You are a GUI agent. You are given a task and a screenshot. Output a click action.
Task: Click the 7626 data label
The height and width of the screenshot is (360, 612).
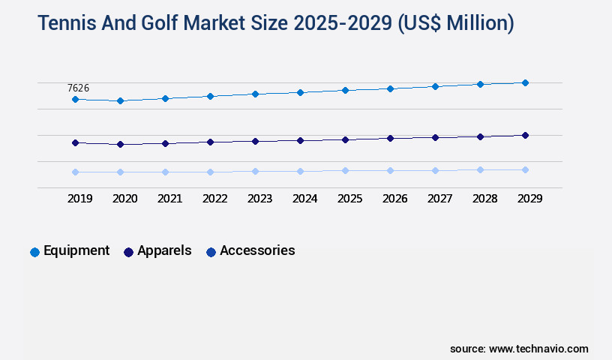[x=79, y=88]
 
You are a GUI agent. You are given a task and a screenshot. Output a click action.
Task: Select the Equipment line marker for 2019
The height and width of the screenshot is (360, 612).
[x=75, y=99]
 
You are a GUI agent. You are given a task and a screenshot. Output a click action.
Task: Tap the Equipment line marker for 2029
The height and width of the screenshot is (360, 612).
[x=525, y=82]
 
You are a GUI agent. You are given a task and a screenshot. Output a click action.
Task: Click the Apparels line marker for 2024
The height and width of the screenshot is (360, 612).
[x=300, y=140]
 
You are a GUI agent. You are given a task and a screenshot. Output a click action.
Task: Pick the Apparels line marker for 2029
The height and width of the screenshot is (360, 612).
[x=525, y=135]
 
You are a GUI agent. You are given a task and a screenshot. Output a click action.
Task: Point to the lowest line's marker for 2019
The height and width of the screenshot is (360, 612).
[x=75, y=172]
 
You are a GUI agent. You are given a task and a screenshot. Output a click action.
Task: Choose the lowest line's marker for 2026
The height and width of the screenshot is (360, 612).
[x=390, y=170]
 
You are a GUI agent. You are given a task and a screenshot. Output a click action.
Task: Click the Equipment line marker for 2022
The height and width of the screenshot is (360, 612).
[x=210, y=96]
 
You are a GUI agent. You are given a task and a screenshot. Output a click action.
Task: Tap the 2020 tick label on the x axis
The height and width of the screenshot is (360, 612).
[x=124, y=199]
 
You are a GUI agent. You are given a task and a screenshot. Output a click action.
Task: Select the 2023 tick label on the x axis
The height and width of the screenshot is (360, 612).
[x=259, y=199]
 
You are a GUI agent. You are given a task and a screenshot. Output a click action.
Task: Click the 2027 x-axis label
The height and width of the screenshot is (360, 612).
[x=439, y=199]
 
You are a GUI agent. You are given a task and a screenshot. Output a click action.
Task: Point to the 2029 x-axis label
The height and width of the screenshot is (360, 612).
[x=529, y=199]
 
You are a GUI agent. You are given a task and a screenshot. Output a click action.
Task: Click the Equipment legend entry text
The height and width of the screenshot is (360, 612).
[x=76, y=250]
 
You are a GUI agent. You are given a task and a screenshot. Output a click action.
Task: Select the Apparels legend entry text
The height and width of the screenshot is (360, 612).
[x=164, y=250]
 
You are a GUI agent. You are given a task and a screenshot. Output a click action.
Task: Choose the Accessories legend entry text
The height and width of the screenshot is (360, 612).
[x=257, y=250]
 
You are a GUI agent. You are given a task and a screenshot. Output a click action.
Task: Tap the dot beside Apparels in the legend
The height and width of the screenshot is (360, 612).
[x=128, y=252]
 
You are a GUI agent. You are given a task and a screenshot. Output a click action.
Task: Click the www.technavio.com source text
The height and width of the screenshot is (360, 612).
[x=538, y=349]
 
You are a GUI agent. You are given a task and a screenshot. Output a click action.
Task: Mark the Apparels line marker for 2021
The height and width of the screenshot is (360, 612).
[x=165, y=143]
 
